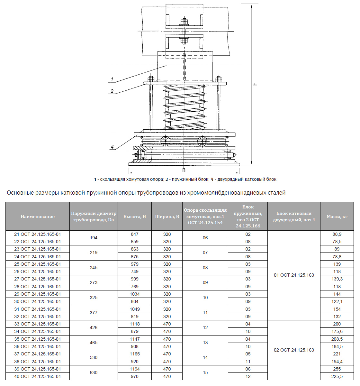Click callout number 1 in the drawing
112,79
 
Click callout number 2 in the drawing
112,91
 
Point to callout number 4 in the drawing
112,147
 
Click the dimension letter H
255,84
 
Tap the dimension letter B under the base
184,170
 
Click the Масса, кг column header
337,216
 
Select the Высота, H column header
135,216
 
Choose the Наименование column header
38,216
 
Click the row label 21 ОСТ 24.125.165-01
37,234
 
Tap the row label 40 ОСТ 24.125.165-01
37,376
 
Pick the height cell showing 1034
135,294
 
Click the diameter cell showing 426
94,327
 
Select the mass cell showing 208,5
337,339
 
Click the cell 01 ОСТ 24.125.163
294,275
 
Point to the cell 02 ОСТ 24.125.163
294,350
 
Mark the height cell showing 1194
135,369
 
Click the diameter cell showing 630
94,372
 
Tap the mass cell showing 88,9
337,234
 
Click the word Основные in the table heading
20,193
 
